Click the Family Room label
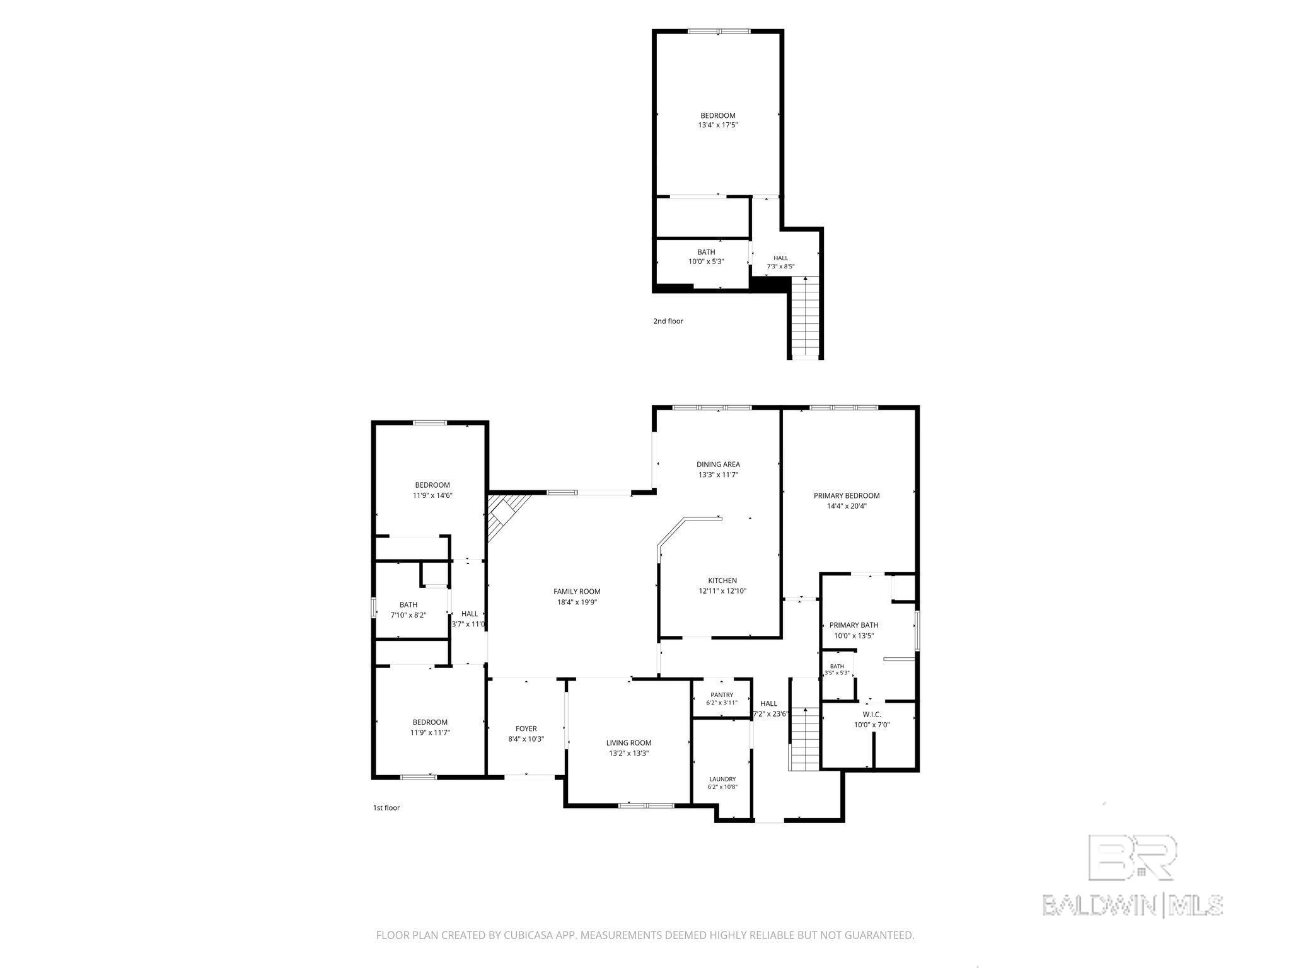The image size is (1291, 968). [x=577, y=591]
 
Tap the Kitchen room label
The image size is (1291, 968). [x=722, y=580]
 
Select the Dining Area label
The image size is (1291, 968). [x=718, y=464]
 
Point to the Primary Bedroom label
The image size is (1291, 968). [x=847, y=495]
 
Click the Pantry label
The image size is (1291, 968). [x=722, y=694]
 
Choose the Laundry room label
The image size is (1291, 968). [x=722, y=779]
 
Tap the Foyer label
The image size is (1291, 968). [x=526, y=729]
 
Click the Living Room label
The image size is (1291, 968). [x=628, y=742]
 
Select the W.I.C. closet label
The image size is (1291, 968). [x=872, y=714]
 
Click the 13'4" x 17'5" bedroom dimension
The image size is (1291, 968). [x=718, y=125]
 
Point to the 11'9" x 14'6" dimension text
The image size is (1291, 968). [x=432, y=495]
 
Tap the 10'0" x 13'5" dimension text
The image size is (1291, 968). [x=854, y=635]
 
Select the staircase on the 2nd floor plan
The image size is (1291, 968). [x=805, y=316]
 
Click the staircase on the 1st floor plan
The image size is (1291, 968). [x=805, y=739]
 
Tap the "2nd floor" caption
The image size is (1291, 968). [x=668, y=321]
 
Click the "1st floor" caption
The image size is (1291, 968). [x=386, y=807]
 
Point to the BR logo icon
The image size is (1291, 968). [x=1133, y=857]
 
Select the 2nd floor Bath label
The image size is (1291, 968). [x=706, y=252]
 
